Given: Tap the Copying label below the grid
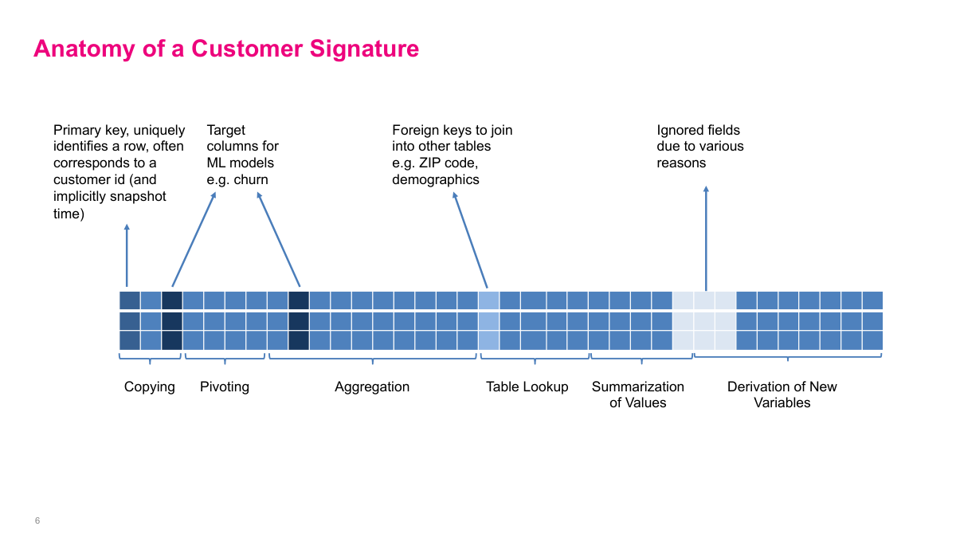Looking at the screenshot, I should (150, 387).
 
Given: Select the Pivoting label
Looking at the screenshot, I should (225, 387).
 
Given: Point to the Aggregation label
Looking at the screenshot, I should (372, 387).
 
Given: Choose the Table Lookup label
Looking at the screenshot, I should (527, 387).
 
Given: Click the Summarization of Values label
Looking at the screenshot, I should (638, 395).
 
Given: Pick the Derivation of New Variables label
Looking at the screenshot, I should (782, 395).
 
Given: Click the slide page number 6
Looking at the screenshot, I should (37, 520).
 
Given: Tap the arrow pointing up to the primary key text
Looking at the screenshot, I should (127, 255).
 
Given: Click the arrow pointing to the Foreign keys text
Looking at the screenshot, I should (470, 238).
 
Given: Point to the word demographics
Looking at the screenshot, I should (436, 179).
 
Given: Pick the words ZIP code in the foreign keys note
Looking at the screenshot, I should (445, 163).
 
